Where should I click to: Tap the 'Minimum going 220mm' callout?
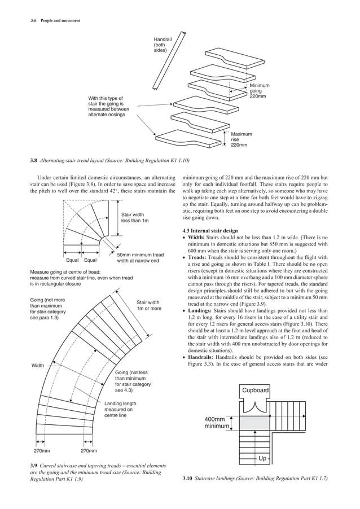(x=259, y=91)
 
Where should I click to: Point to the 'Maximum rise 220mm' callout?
(x=241, y=139)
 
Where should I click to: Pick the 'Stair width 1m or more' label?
(x=148, y=305)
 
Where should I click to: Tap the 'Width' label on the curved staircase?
(x=38, y=366)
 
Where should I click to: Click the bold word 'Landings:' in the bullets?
(x=203, y=311)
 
